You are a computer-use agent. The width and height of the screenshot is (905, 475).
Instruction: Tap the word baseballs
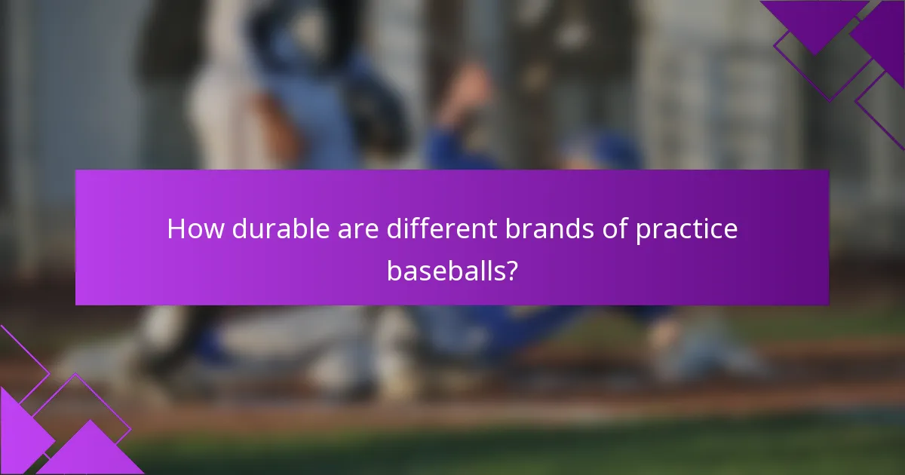(x=444, y=270)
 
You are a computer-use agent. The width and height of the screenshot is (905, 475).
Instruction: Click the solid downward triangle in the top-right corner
(x=814, y=23)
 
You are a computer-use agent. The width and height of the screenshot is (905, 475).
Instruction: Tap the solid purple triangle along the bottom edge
(x=90, y=452)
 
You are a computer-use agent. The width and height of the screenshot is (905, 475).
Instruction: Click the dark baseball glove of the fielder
(x=377, y=113)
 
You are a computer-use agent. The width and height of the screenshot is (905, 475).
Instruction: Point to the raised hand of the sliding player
(x=468, y=90)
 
